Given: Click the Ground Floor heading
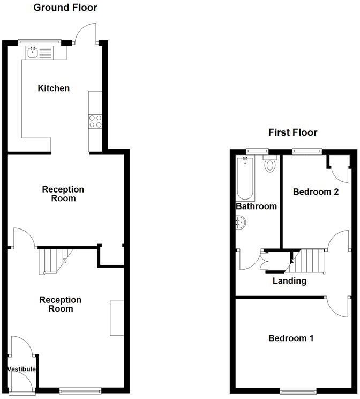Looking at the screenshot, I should pyautogui.click(x=65, y=8).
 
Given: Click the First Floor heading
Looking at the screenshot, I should pyautogui.click(x=293, y=132).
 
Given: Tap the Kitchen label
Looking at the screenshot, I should pyautogui.click(x=54, y=88).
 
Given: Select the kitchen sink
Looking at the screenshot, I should pyautogui.click(x=40, y=52).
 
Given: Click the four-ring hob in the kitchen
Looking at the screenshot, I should pyautogui.click(x=95, y=122).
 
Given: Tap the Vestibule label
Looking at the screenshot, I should pyautogui.click(x=22, y=369).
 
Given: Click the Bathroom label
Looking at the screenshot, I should pyautogui.click(x=256, y=206).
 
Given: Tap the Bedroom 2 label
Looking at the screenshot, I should pyautogui.click(x=316, y=191).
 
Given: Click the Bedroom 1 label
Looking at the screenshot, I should pyautogui.click(x=291, y=338).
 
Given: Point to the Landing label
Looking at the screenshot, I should pyautogui.click(x=289, y=280).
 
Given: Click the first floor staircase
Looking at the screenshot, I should pyautogui.click(x=309, y=261).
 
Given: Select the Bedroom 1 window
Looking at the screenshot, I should pyautogui.click(x=298, y=391).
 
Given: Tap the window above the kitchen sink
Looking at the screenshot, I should pyautogui.click(x=40, y=42).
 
